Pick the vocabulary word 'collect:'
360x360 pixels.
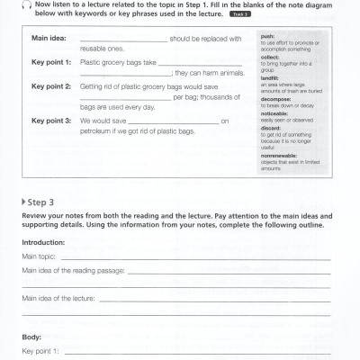[270, 58]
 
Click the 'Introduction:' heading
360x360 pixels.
[43, 242]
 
